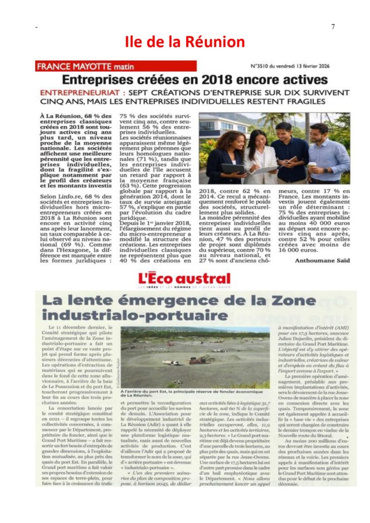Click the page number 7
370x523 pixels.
coord(333,27)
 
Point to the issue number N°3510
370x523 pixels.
coord(262,66)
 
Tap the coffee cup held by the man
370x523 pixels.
coord(312,165)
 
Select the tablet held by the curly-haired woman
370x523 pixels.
coord(233,169)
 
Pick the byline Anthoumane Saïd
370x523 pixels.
coord(322,260)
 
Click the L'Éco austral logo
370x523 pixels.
coord(184,280)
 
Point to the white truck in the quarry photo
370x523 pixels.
coord(171,363)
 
